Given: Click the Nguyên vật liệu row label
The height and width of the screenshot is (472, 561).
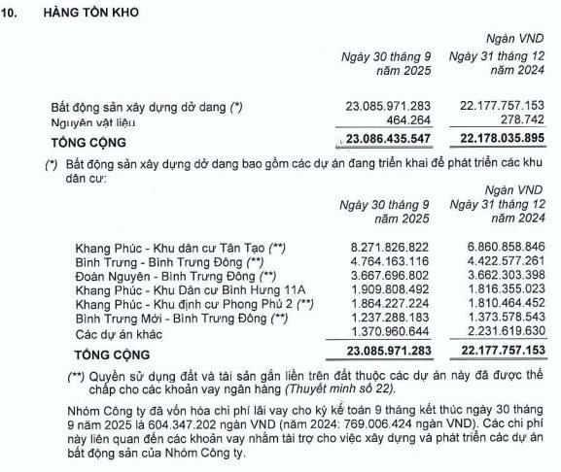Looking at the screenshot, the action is pyautogui.click(x=94, y=123).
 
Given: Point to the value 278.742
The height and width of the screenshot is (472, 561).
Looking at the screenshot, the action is pyautogui.click(x=519, y=123).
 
